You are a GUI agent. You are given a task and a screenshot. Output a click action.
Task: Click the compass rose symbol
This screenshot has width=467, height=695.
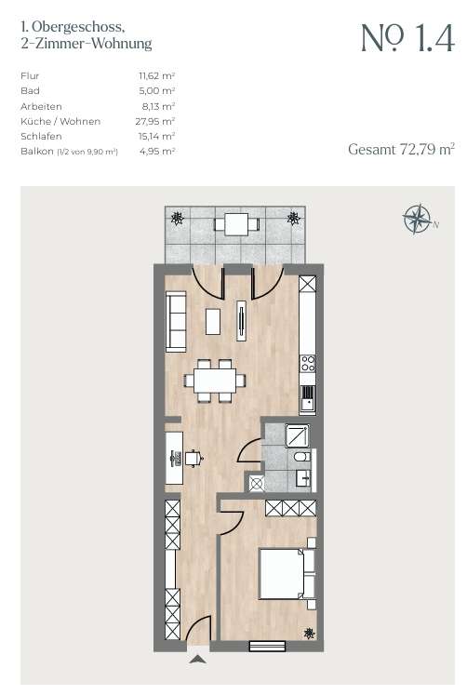(x=417, y=219)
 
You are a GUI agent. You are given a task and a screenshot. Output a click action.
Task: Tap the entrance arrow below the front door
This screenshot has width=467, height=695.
(x=197, y=659)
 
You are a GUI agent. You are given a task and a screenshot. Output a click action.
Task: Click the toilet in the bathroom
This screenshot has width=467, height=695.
(x=302, y=457)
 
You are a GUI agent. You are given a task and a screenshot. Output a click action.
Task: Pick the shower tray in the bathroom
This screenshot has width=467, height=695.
(x=298, y=434)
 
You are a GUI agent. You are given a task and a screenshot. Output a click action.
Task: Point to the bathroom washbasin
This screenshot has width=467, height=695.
(x=303, y=479)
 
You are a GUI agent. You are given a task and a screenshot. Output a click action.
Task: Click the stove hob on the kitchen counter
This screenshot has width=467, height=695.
(x=308, y=364)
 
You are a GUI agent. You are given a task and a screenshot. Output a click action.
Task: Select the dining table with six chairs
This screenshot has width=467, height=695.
(x=215, y=381)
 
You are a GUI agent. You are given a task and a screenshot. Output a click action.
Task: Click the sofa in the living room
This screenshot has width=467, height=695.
(x=176, y=322)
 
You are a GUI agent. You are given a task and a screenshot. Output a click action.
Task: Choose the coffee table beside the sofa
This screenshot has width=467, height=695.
(x=213, y=321)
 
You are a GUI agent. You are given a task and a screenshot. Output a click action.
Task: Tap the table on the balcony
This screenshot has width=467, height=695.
(x=235, y=224)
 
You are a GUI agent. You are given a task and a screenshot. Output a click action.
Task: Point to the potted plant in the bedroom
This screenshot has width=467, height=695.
(x=309, y=633)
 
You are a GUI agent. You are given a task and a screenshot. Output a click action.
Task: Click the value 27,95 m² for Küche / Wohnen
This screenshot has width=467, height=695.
(x=155, y=122)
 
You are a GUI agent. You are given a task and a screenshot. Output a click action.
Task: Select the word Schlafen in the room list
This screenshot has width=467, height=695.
(x=41, y=136)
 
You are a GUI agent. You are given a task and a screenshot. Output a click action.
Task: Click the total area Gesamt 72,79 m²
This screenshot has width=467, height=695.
(x=402, y=150)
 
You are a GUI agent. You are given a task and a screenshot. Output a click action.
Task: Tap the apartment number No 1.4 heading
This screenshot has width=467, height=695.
(x=408, y=38)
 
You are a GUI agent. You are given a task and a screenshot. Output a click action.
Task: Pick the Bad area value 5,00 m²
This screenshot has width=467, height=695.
(x=157, y=91)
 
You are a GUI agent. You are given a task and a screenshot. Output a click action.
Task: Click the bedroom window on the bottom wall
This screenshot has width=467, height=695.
(x=267, y=646)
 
